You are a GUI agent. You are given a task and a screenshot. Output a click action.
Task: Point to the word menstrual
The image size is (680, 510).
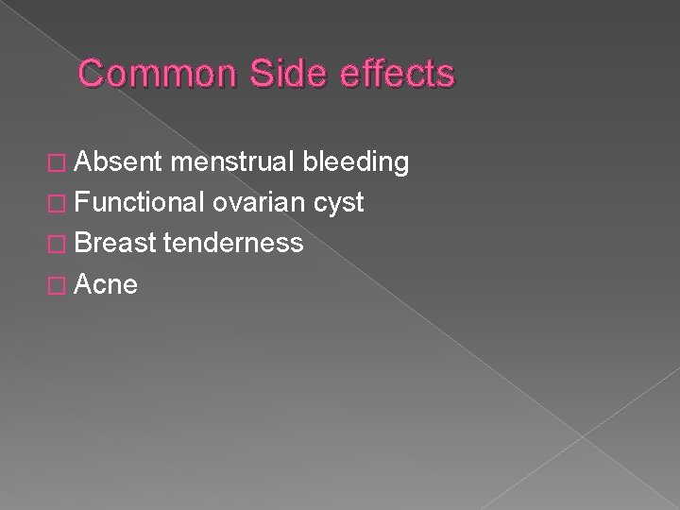[232, 162]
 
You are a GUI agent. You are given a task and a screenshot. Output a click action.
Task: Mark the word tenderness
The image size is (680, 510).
[233, 244]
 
